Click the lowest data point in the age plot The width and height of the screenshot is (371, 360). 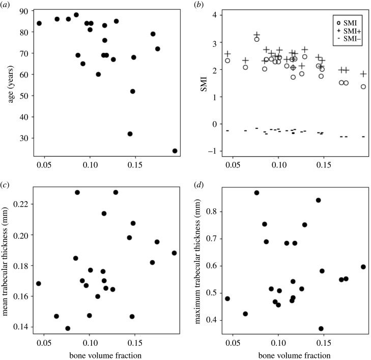175,151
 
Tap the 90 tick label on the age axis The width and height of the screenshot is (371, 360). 24,10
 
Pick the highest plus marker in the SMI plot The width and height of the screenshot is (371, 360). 257,35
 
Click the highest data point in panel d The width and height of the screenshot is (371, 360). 256,193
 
